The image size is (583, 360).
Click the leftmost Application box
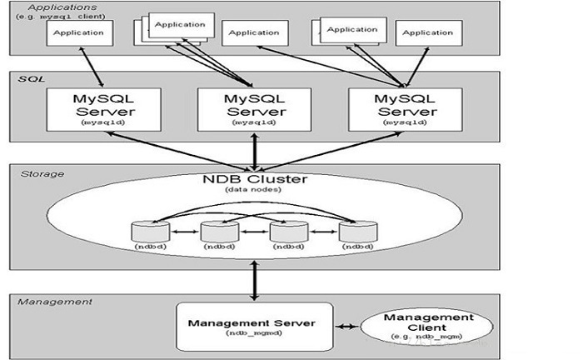pos(80,33)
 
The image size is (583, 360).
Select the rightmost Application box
pos(429,33)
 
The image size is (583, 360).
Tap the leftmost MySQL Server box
pos(104,109)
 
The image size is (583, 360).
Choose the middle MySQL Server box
pos(254,109)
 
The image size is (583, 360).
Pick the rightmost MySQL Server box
pos(406,109)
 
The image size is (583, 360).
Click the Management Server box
pos(254,327)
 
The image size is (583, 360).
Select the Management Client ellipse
pos(426,327)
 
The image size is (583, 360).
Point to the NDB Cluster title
pos(255,179)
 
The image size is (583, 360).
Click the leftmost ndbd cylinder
pos(151,232)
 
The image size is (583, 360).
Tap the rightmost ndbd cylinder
pos(358,232)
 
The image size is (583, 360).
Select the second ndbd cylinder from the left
pos(220,232)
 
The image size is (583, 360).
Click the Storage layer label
pos(42,174)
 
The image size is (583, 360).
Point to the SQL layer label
pos(32,79)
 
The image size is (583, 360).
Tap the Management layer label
pos(55,302)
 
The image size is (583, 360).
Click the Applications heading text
pos(62,7)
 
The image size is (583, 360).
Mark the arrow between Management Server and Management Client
pos(347,327)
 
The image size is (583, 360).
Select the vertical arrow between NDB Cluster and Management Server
pos(254,280)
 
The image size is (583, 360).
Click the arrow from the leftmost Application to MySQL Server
pos(92,67)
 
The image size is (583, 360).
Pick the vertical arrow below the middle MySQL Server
pos(254,152)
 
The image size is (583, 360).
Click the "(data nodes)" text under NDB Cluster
pos(253,190)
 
